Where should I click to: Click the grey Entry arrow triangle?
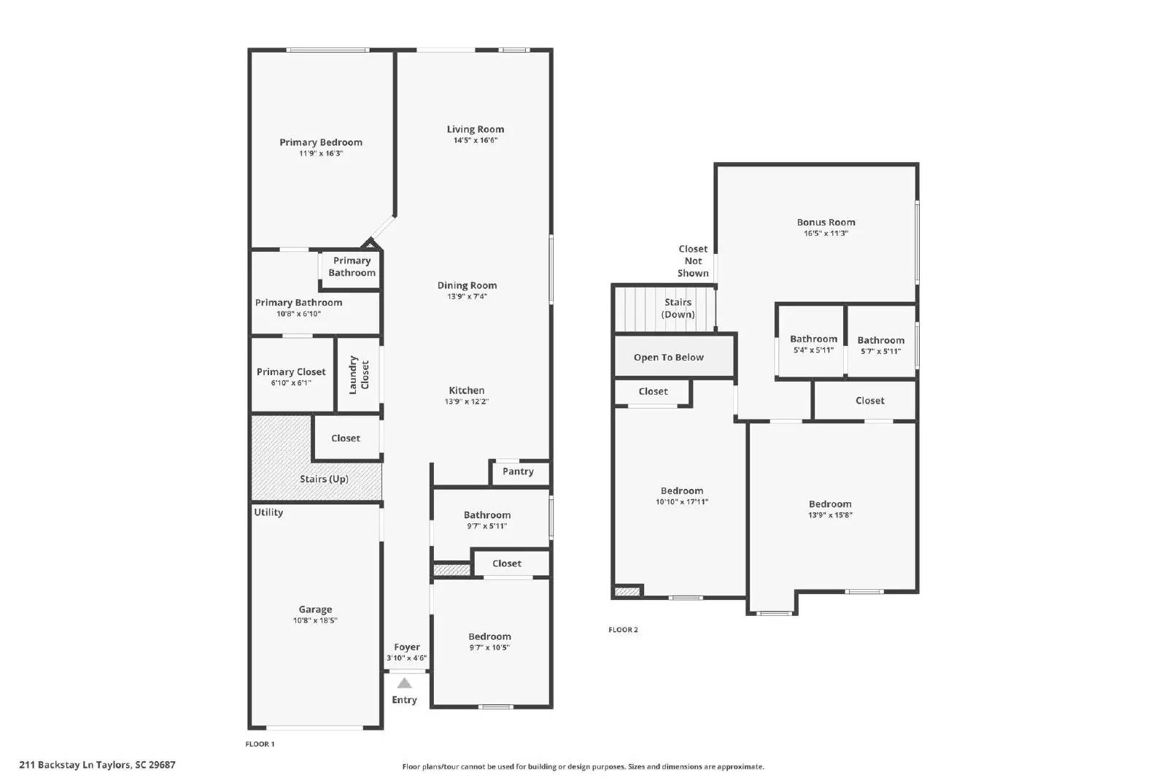[404, 684]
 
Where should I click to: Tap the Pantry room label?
[518, 471]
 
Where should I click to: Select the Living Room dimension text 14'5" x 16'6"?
[475, 140]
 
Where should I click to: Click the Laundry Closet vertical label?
[358, 375]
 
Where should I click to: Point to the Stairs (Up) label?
[324, 479]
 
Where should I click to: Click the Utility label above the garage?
[268, 512]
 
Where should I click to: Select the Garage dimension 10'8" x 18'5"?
[315, 620]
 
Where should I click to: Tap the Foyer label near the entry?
[406, 647]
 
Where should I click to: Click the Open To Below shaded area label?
[668, 358]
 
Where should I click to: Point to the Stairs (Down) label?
[678, 308]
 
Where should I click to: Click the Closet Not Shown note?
[693, 261]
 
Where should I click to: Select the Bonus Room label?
[826, 223]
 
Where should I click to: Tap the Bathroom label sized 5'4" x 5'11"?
[813, 339]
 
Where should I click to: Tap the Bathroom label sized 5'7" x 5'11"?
[880, 341]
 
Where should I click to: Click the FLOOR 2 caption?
[623, 630]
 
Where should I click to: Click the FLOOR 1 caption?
[260, 744]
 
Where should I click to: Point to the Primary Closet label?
[291, 372]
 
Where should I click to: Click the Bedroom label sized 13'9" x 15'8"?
[830, 504]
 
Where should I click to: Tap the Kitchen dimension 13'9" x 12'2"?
[467, 401]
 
